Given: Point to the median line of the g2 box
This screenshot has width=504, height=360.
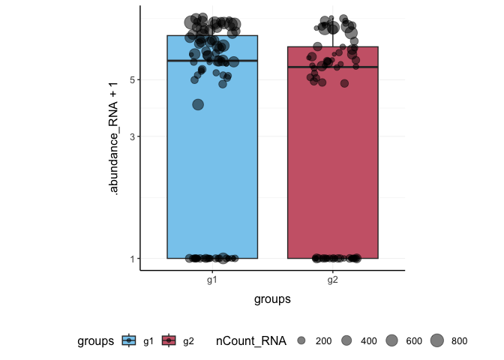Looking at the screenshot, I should click(332, 67).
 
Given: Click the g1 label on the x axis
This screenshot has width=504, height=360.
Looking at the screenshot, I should click(212, 279).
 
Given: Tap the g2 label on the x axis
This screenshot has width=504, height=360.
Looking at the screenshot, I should click(332, 279).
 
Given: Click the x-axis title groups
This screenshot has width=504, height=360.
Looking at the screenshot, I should click(272, 298).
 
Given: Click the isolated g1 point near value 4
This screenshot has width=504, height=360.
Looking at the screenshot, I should click(198, 104).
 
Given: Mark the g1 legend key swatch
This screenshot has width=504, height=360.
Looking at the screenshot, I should click(130, 341).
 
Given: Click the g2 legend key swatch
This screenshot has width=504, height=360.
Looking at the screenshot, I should click(170, 341).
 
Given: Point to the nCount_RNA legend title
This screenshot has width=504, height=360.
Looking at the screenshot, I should click(250, 341).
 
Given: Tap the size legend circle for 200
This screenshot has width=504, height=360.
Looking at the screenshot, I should click(301, 341).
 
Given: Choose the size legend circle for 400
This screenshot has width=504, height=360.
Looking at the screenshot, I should click(346, 341).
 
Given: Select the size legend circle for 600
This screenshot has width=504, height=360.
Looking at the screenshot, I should click(391, 341).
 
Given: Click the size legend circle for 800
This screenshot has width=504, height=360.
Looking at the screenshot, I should click(436, 341).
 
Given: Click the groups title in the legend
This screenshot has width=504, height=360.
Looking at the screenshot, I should click(95, 341).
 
